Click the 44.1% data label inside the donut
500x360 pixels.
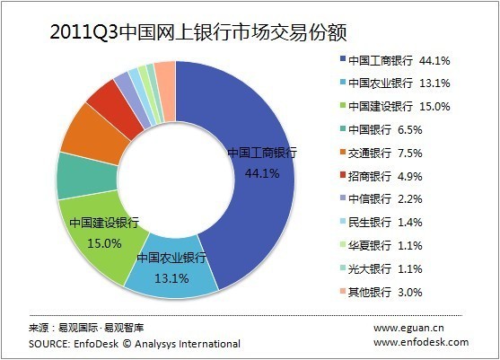[263, 173]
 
